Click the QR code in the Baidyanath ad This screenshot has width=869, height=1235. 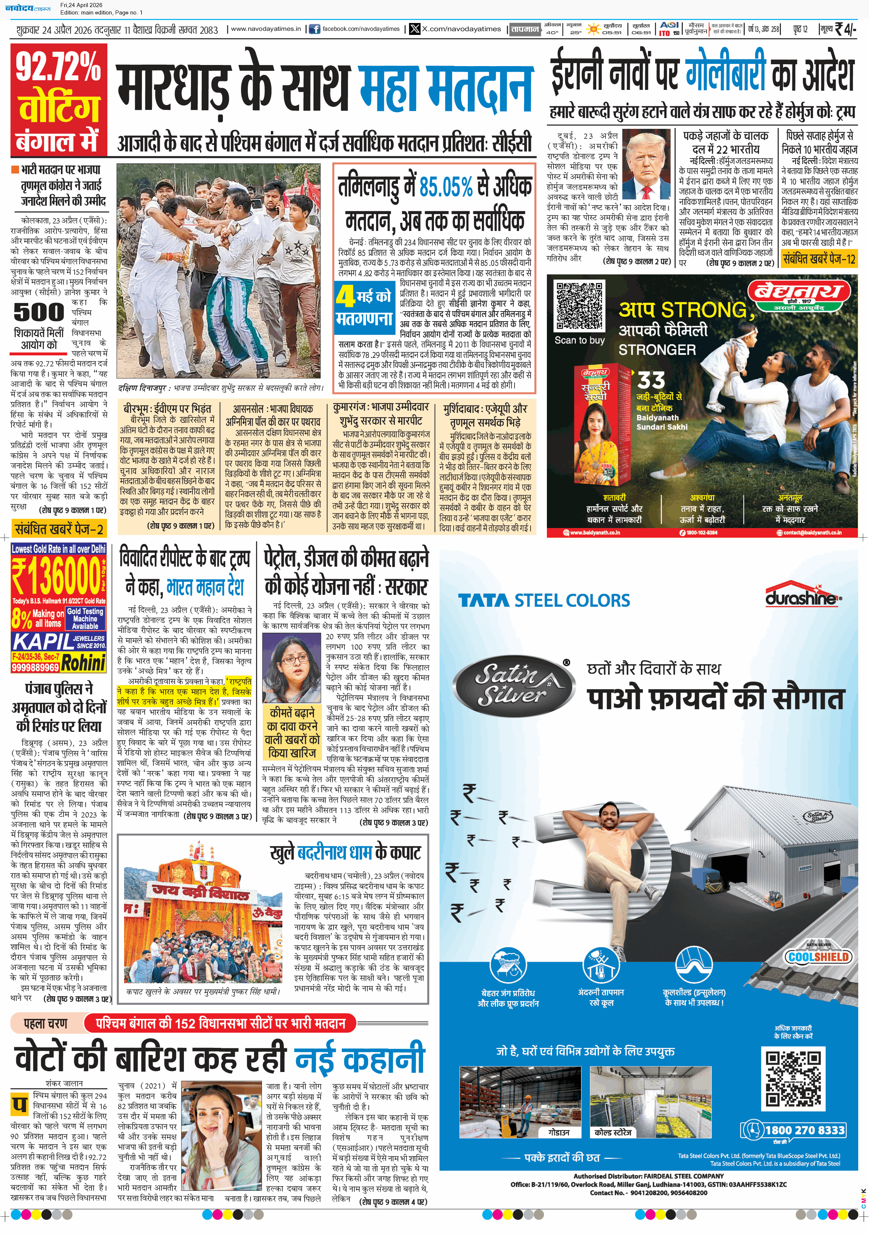[580, 306]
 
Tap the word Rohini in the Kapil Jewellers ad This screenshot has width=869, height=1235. [83, 663]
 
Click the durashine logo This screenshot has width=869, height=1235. [803, 597]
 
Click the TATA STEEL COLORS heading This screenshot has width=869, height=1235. [544, 600]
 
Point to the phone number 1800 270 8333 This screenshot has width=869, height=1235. [804, 1130]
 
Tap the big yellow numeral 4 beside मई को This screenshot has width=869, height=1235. [345, 296]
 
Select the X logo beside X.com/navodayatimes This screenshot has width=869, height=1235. [414, 29]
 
